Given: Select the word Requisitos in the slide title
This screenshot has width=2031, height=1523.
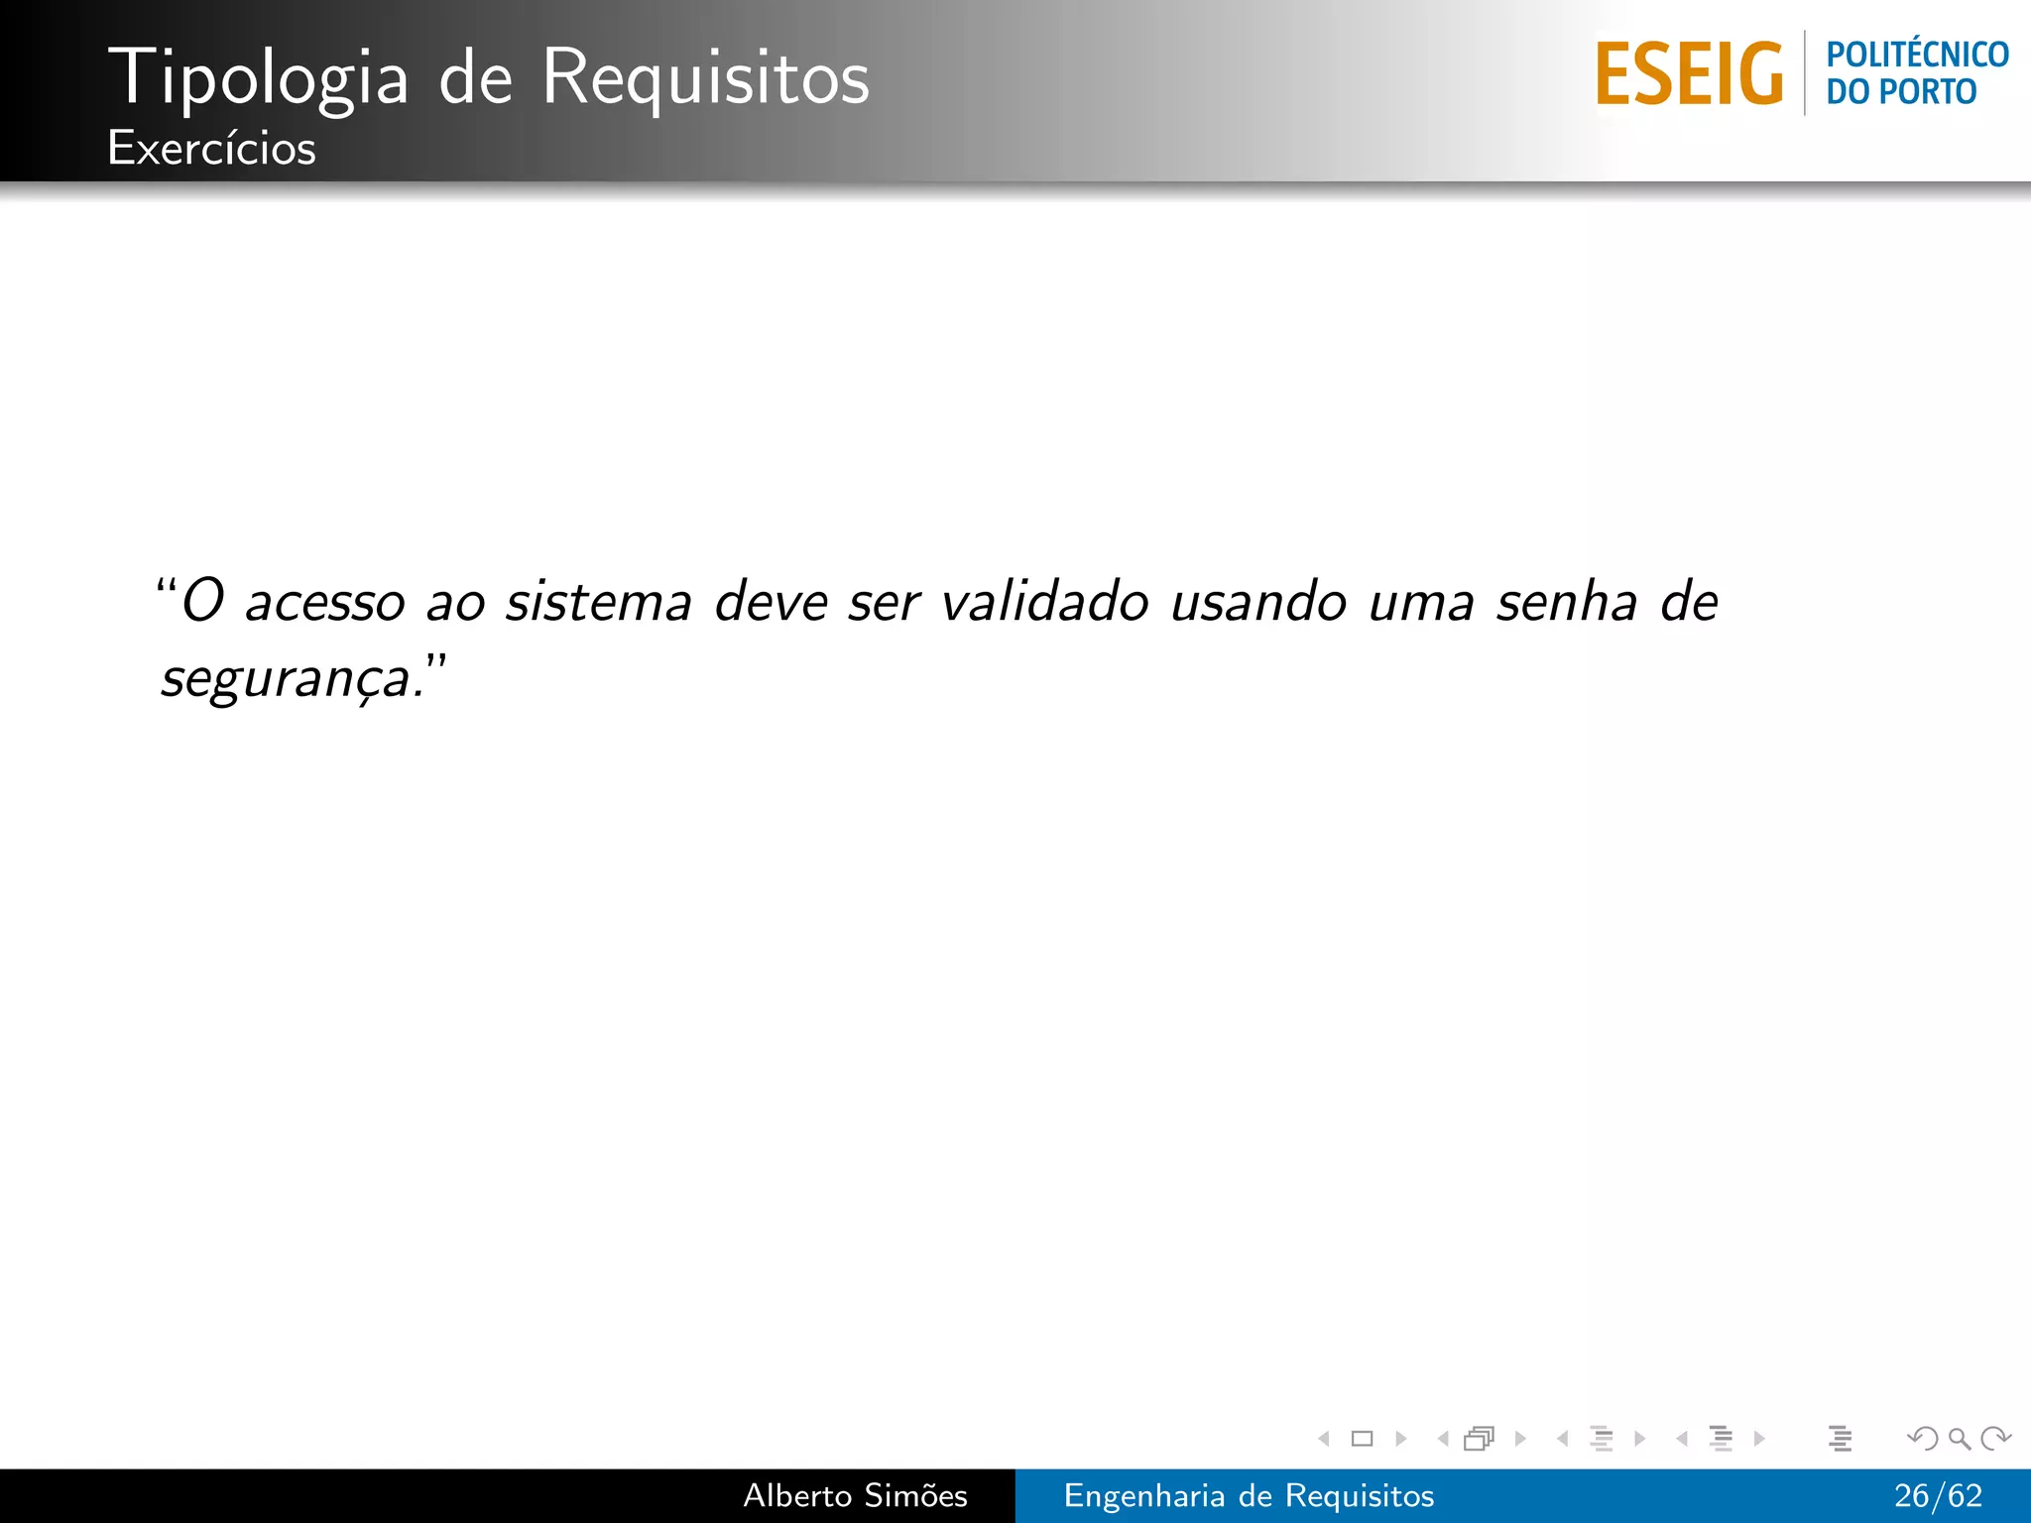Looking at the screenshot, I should tap(705, 78).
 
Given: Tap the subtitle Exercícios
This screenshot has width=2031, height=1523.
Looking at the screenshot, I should tap(211, 149).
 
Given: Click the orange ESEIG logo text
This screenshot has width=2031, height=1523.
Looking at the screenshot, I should tap(1689, 73).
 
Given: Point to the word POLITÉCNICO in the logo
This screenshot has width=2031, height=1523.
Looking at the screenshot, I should tap(1917, 55).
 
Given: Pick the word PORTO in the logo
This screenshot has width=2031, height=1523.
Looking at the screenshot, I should tap(1929, 92).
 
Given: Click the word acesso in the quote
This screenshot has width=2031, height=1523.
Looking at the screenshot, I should tap(325, 603).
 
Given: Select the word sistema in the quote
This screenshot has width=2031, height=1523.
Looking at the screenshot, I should tap(598, 603).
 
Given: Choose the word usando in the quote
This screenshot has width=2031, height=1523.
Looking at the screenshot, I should tap(1257, 603).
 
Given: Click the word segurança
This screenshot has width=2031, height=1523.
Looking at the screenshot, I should tap(286, 680).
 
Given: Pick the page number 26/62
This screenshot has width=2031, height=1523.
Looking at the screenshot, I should tap(1938, 1495).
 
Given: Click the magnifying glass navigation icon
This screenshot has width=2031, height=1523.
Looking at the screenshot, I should tap(1959, 1438).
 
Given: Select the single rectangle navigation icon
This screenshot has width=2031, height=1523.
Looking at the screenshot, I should tap(1362, 1438).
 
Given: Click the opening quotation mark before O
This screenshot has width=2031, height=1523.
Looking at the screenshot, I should tap(166, 584).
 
